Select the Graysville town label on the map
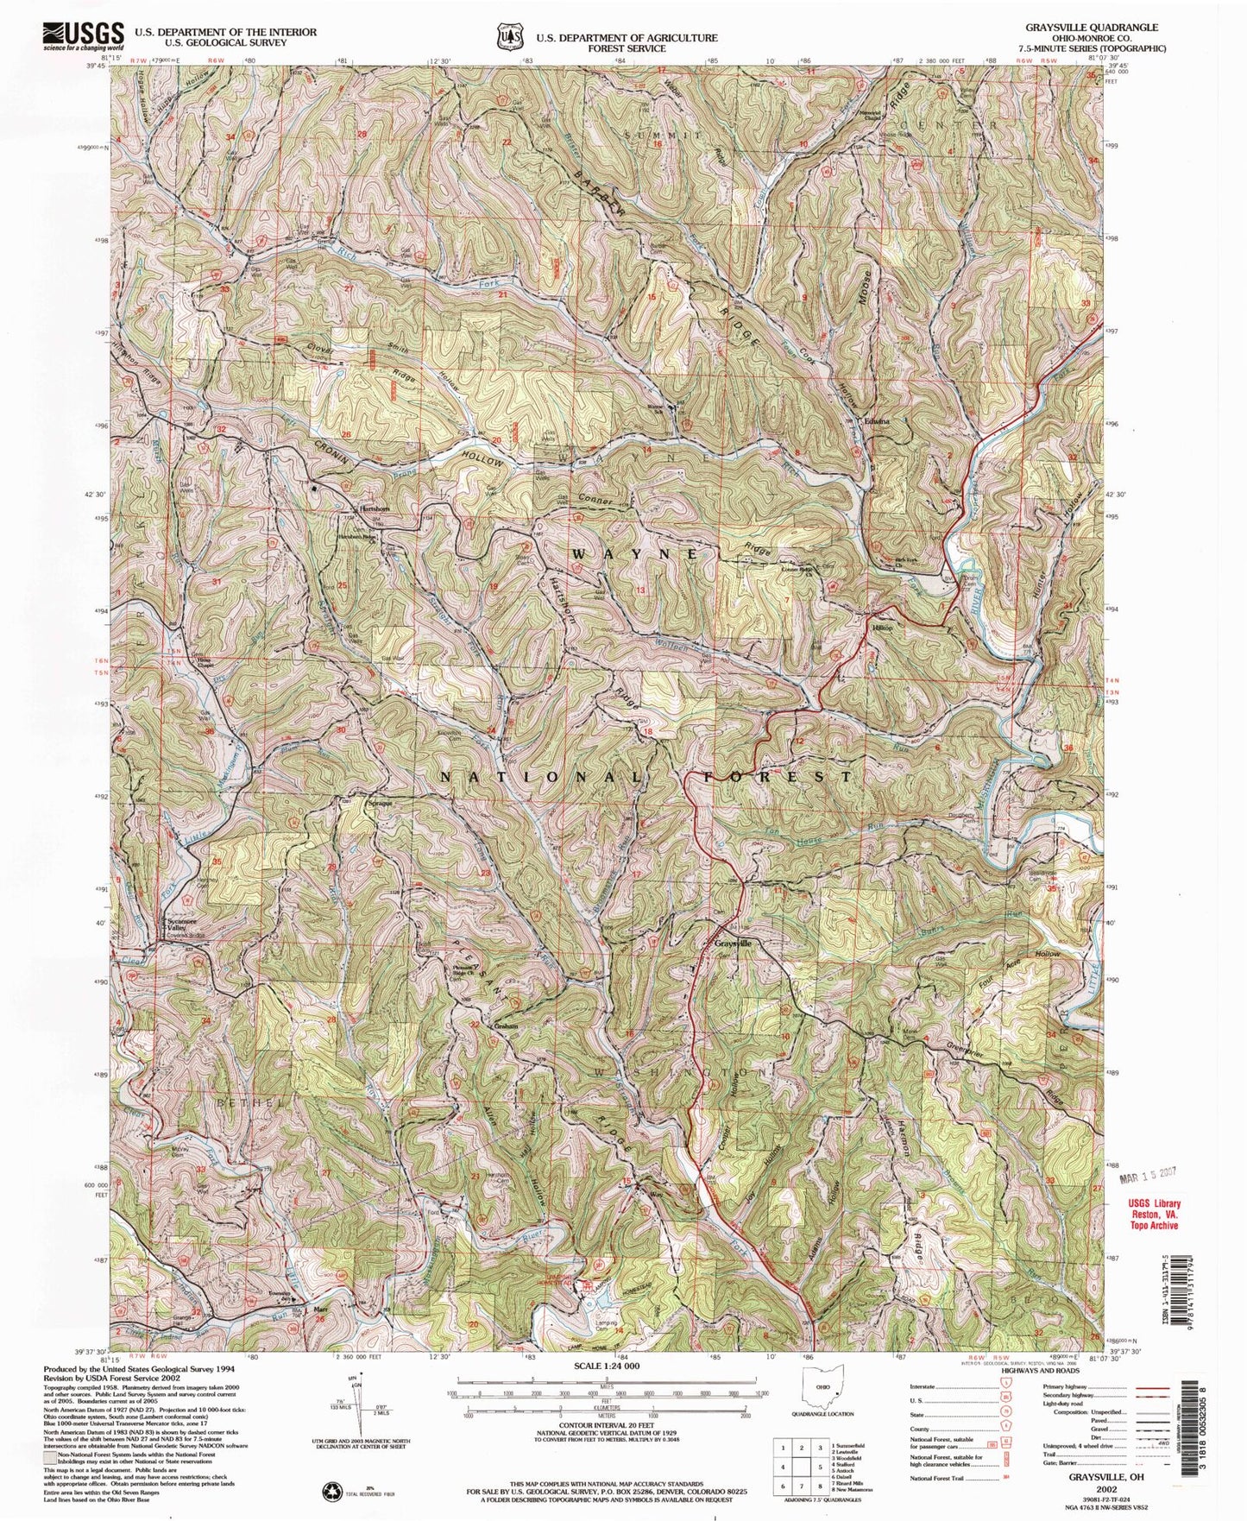pyautogui.click(x=734, y=944)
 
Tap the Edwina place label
pyautogui.click(x=877, y=421)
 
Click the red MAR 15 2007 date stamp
pyautogui.click(x=1149, y=1176)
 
